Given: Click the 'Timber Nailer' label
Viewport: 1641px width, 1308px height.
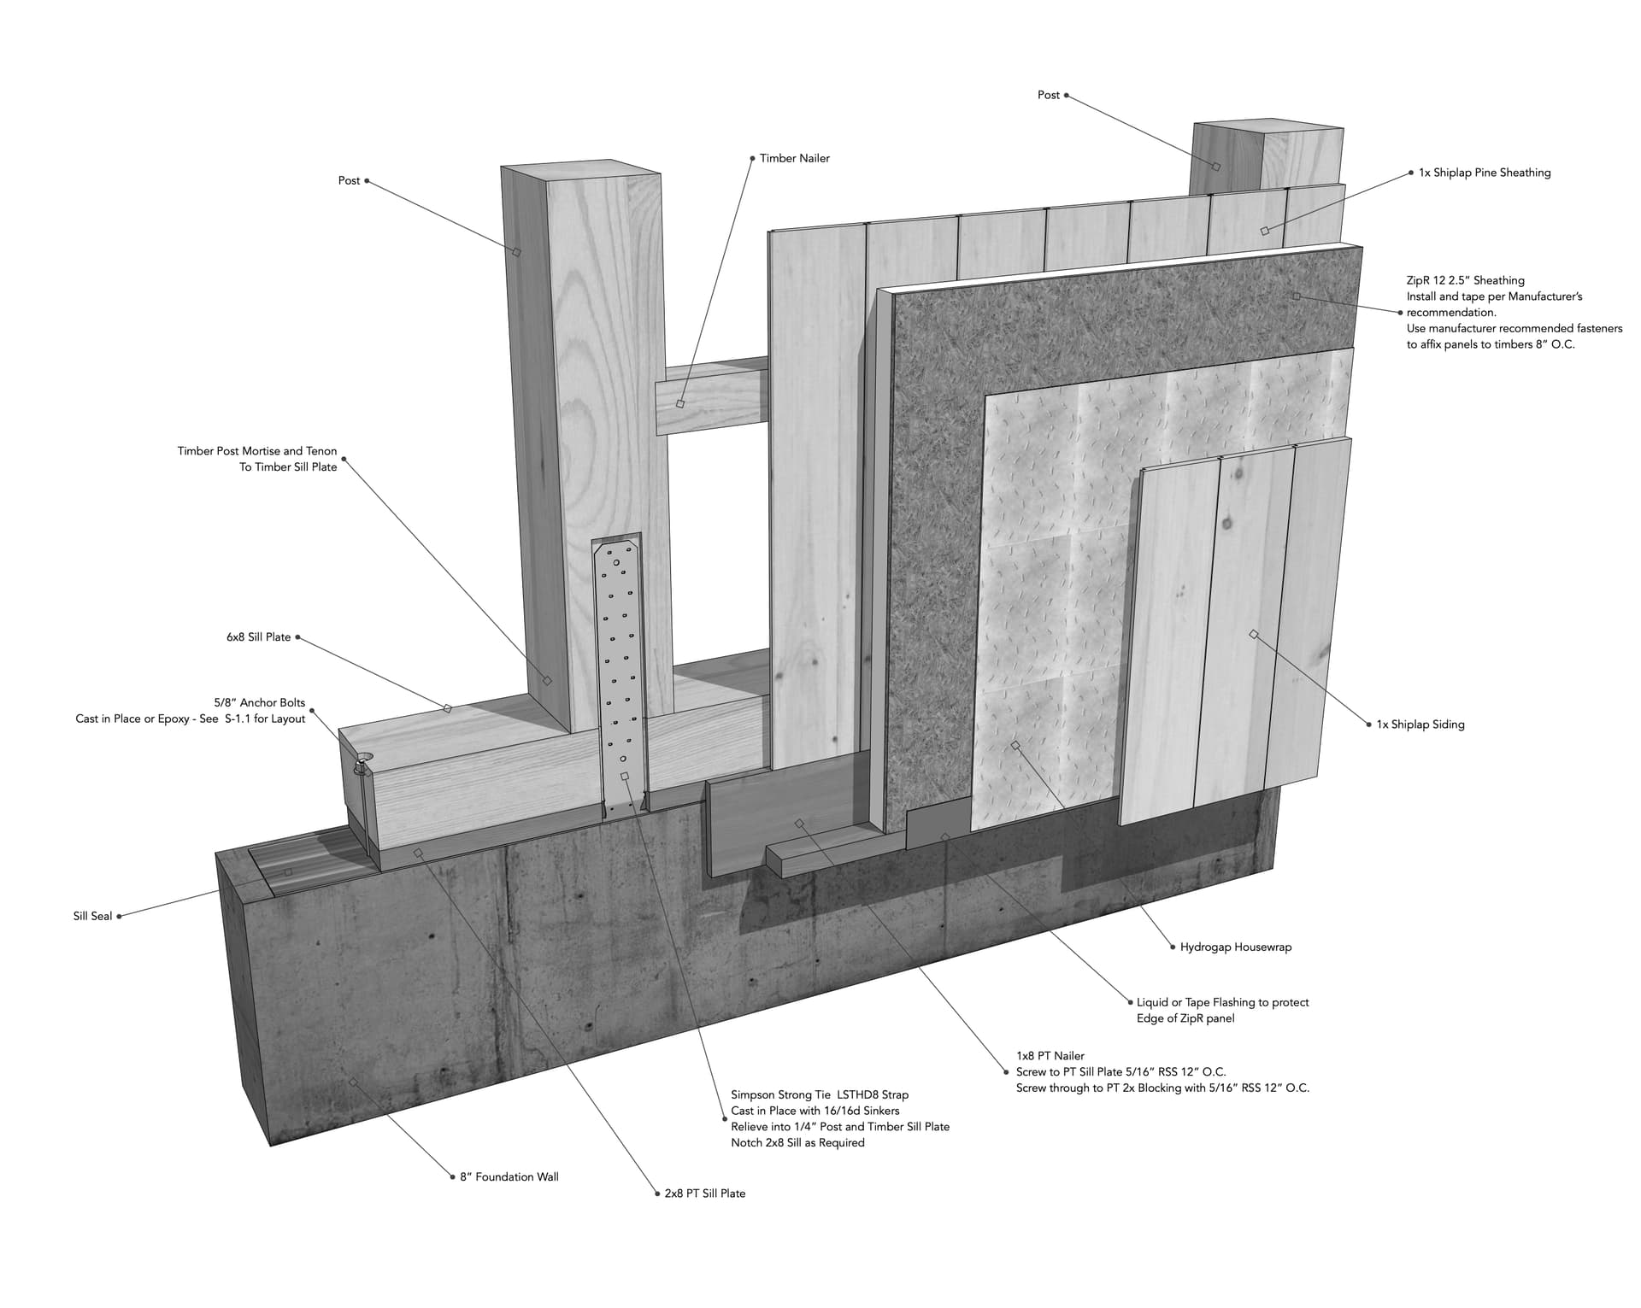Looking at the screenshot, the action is [x=794, y=158].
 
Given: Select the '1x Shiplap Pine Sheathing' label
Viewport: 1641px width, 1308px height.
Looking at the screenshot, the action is [x=1485, y=173].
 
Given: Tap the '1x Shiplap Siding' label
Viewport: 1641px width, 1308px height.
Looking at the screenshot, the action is [x=1420, y=724].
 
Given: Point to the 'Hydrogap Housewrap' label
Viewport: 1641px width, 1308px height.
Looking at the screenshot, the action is [x=1236, y=947].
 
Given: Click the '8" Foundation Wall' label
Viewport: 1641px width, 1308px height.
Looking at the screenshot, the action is [x=509, y=1176].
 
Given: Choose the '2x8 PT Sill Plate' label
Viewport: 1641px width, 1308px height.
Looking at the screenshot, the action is [x=705, y=1194].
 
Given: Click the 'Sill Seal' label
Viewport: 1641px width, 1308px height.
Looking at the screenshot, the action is [x=92, y=916].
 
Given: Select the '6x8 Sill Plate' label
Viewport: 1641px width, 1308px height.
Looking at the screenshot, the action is [x=258, y=637].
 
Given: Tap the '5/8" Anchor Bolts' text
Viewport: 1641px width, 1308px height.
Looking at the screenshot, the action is [x=260, y=703].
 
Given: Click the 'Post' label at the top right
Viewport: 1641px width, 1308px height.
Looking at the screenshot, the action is [x=1049, y=95].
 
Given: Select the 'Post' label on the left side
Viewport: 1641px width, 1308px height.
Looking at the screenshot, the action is [x=349, y=181].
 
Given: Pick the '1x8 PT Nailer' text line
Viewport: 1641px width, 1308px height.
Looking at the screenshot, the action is [x=1050, y=1056].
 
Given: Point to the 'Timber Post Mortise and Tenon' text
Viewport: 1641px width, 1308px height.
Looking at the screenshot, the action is [x=257, y=451].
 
